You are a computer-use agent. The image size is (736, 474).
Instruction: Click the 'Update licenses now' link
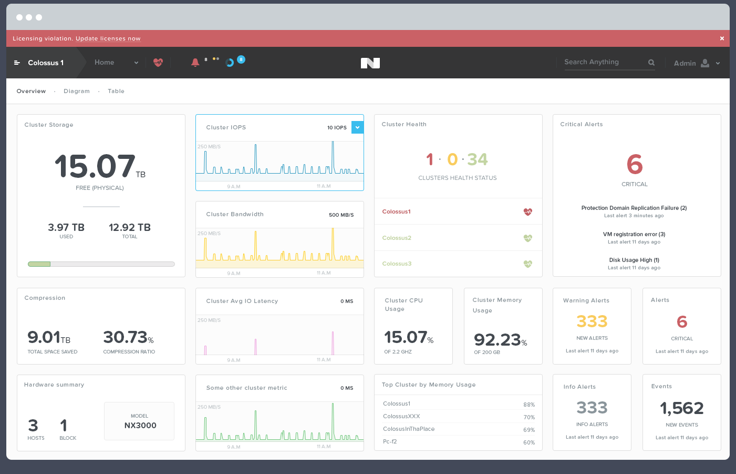(108, 38)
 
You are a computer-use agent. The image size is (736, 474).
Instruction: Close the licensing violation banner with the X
(722, 38)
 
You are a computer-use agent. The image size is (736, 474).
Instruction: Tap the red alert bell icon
(195, 63)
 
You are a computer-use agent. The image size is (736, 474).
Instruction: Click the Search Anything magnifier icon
(651, 63)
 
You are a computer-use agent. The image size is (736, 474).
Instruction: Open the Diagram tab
(77, 91)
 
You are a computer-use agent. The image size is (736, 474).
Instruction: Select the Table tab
(116, 91)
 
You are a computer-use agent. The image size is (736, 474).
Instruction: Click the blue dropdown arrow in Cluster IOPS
(357, 127)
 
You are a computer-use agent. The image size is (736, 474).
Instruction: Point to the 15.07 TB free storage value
(96, 166)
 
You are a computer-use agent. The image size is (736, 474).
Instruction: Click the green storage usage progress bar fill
(39, 264)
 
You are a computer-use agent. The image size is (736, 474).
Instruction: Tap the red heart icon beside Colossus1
(527, 212)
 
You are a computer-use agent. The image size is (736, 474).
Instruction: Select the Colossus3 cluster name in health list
(397, 264)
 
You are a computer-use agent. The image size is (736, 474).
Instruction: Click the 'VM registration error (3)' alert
(634, 234)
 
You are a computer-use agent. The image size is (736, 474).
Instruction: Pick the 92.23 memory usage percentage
(497, 340)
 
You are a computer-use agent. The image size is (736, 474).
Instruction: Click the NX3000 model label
(140, 426)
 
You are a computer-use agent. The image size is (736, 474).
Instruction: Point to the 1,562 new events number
(681, 408)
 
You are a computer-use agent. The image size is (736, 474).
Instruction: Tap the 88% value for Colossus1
(529, 405)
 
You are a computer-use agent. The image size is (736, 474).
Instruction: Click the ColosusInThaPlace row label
(409, 429)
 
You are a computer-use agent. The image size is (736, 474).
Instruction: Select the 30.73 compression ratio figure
(125, 337)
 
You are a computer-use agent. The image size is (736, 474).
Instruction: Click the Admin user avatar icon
(705, 63)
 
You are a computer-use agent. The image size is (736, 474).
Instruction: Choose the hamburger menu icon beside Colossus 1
(17, 63)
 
